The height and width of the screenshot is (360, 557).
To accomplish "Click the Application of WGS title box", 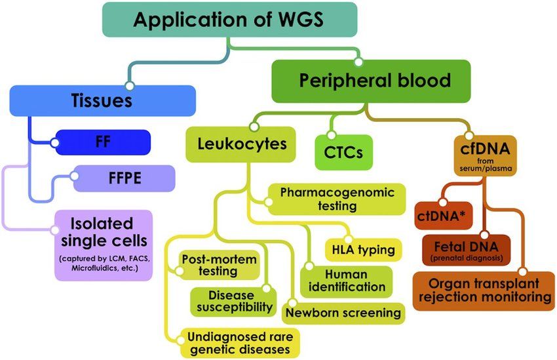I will pyautogui.click(x=229, y=20).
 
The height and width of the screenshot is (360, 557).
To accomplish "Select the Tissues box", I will pyautogui.click(x=103, y=101).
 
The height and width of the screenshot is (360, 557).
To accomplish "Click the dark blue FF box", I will pyautogui.click(x=103, y=142).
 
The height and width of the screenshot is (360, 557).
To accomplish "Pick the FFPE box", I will pyautogui.click(x=124, y=178).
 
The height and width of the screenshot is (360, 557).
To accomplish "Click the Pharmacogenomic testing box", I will pyautogui.click(x=337, y=199).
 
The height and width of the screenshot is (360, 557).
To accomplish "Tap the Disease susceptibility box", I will pyautogui.click(x=232, y=301).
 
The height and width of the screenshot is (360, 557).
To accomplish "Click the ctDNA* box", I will pyautogui.click(x=444, y=215).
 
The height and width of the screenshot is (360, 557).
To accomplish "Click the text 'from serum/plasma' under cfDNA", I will pyautogui.click(x=485, y=166).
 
